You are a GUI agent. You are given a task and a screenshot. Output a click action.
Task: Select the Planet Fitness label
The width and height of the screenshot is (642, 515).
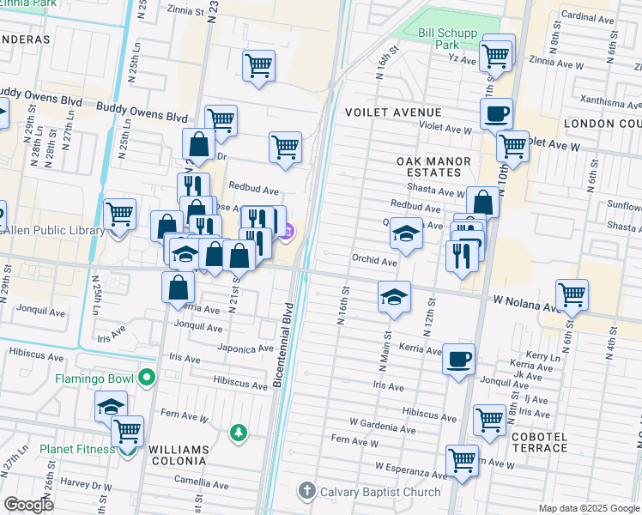[76, 449]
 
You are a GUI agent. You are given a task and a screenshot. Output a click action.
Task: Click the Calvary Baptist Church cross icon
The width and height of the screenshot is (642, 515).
[306, 492]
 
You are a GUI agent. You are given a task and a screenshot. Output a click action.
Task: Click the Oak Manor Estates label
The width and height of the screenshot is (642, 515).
[433, 167]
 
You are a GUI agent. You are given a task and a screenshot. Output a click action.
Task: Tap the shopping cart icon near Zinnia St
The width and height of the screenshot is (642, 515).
[259, 65]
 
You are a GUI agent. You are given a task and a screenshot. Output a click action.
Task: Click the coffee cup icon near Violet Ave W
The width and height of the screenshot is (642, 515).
[497, 112]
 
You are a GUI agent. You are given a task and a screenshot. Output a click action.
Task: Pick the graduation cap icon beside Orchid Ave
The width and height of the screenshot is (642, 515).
[406, 233]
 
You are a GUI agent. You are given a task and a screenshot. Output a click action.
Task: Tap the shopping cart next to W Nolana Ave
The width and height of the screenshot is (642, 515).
[572, 294]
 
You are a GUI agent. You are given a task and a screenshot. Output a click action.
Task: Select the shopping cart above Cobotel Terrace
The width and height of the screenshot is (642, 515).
[489, 421]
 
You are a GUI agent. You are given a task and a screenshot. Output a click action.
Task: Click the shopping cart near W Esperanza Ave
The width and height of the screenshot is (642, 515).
[462, 460]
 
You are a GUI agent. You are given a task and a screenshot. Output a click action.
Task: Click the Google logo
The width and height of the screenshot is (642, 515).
[28, 505]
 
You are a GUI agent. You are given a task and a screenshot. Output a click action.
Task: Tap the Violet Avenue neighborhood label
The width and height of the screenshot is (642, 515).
[393, 112]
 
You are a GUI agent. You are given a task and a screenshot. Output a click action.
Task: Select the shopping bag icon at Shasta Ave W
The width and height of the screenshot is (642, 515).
[483, 203]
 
